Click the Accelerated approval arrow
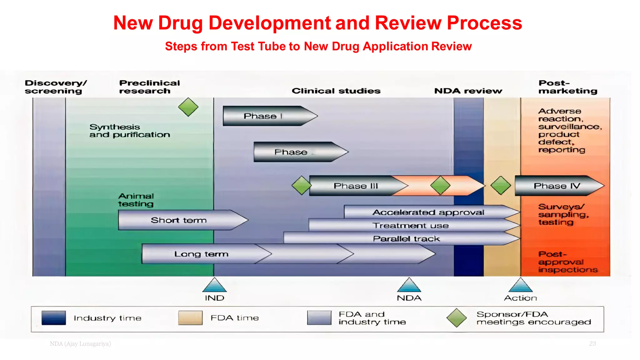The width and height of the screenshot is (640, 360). pos(428,212)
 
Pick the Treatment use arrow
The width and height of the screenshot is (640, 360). pos(410,225)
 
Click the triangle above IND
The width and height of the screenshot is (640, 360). pos(214,285)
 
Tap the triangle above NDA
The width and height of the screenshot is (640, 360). pos(409,285)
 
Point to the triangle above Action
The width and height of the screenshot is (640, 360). pos(520,285)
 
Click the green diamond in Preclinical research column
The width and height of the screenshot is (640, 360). pos(188,107)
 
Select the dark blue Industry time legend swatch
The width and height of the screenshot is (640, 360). pos(53,318)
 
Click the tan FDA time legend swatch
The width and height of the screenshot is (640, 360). pos(190,318)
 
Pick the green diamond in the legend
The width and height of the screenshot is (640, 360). pos(457,318)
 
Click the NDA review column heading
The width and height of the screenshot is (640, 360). pos(468,91)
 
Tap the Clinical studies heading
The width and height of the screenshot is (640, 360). pos(336,91)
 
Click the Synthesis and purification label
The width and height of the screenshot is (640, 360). pos(129,131)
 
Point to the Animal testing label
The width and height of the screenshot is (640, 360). pos(136,200)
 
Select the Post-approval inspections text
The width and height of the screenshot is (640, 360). pos(567,262)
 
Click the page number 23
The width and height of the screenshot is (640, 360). pos(592,344)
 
